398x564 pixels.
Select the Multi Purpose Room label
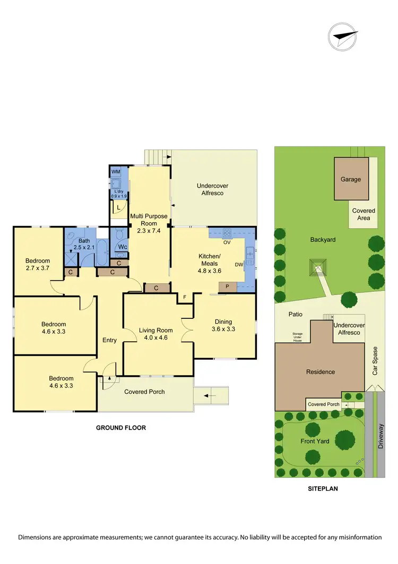tap(149, 223)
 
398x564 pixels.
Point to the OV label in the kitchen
tap(226, 242)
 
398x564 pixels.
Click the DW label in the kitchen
tap(239, 264)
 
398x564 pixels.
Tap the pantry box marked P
tap(227, 287)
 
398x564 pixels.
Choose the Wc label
tap(123, 247)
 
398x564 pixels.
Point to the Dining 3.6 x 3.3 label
tap(223, 325)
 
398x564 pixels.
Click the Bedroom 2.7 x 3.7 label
tap(38, 264)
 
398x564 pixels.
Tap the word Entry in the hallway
tap(109, 340)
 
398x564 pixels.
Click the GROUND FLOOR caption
tap(120, 427)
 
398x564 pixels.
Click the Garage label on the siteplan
tap(350, 179)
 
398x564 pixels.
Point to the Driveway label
tap(380, 437)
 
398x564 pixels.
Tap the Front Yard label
tap(315, 441)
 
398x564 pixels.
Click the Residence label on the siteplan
tap(321, 372)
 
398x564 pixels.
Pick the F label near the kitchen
tap(184, 297)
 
